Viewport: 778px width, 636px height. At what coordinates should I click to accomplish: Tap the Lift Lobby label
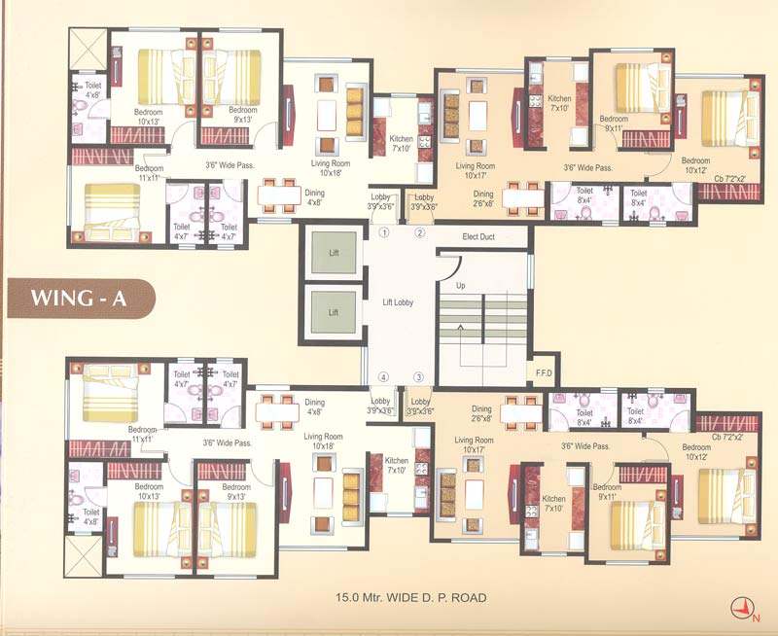point(398,303)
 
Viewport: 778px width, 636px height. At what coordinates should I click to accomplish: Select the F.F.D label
point(543,372)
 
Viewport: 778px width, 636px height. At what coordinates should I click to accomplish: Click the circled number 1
point(384,233)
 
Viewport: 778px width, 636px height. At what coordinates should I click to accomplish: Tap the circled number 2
point(420,233)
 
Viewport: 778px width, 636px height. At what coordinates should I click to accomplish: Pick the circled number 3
point(420,377)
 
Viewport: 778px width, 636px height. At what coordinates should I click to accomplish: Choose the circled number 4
point(384,377)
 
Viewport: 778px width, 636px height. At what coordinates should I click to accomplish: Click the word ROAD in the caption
point(467,597)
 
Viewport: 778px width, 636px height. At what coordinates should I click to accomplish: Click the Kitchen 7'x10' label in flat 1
point(401,144)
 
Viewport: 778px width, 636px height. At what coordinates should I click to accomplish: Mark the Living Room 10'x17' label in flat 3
point(476,445)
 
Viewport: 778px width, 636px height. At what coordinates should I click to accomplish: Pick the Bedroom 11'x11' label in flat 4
point(141,434)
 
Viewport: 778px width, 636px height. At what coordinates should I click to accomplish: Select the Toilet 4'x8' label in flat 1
point(91,90)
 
